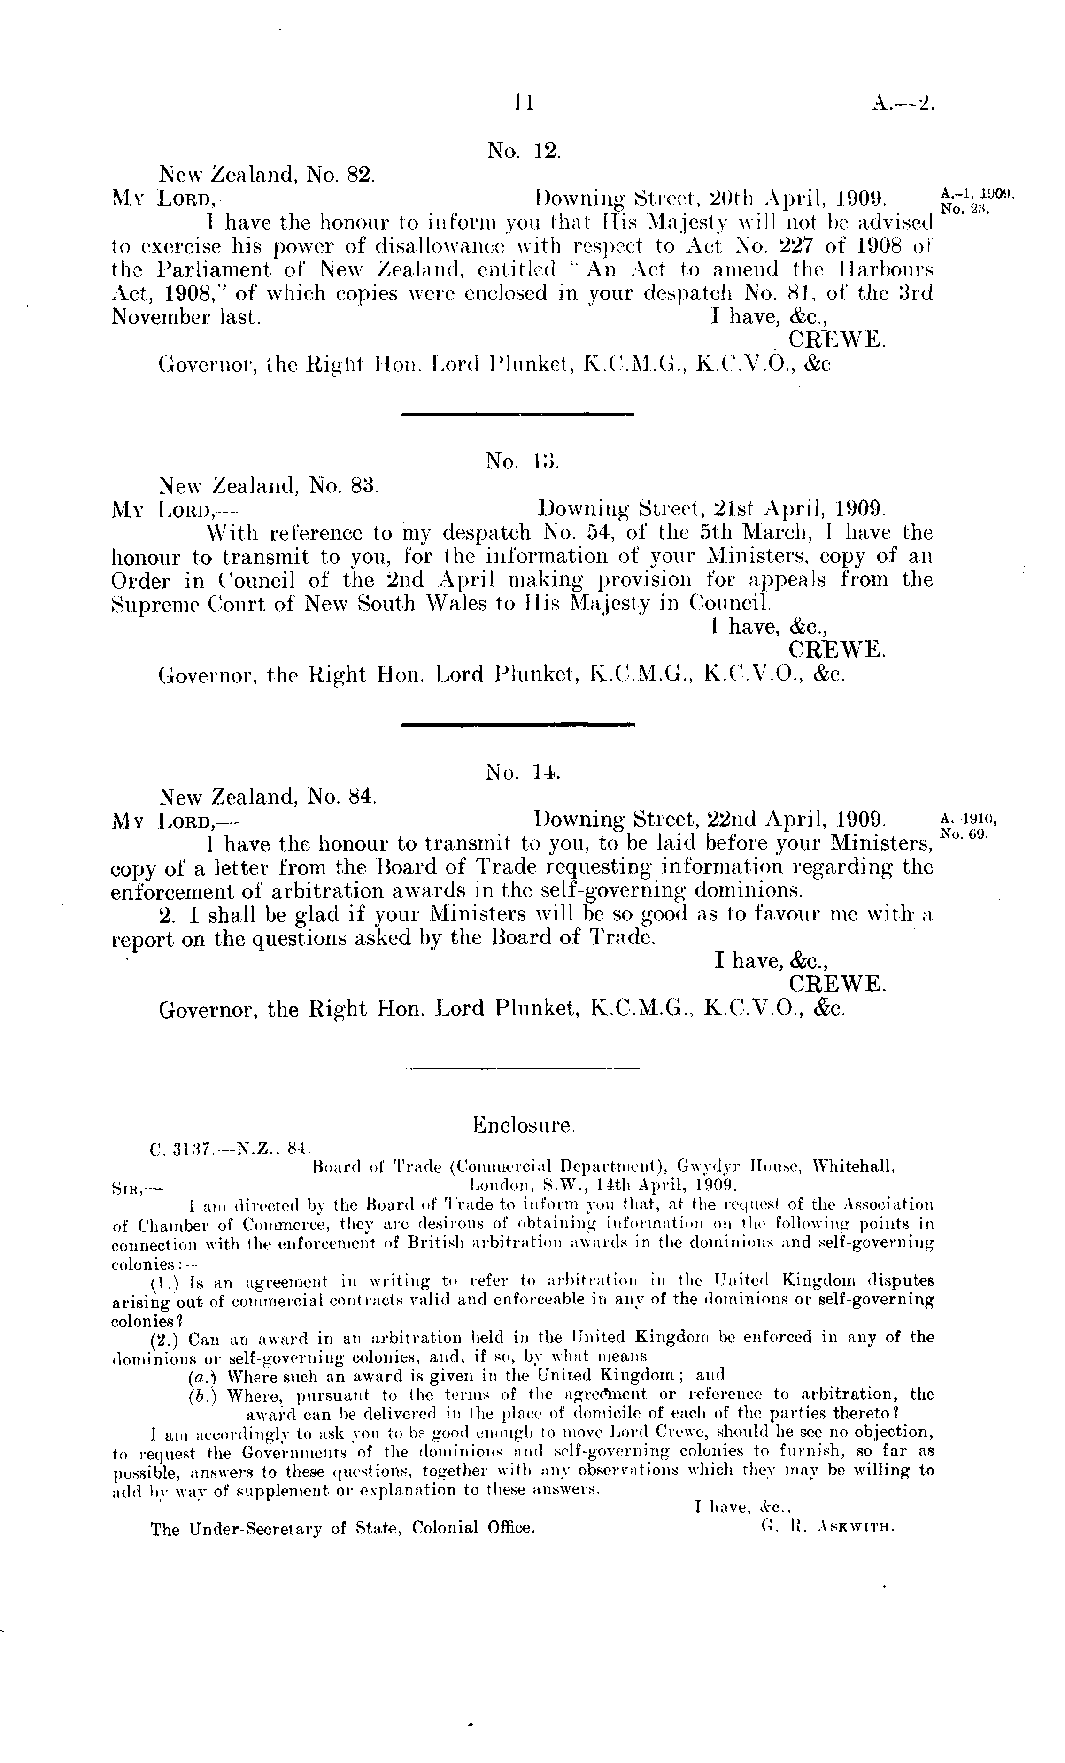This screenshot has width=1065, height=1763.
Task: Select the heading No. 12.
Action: (524, 150)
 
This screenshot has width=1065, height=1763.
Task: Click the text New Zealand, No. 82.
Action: (267, 174)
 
